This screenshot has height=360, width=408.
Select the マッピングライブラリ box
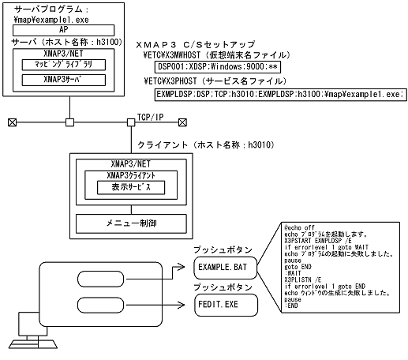coord(62,65)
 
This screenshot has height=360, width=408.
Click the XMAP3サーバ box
coord(62,80)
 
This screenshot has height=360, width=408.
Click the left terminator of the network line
coord(11,122)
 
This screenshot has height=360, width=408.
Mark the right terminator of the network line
coord(183,122)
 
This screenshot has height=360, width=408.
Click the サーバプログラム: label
coord(47,7)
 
